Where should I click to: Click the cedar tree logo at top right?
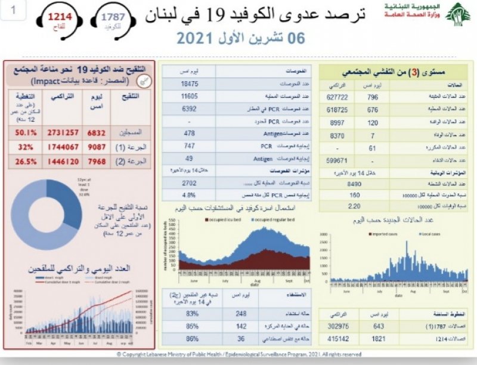(458, 14)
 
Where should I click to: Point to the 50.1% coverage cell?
(21, 131)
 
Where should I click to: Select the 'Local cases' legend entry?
(435, 234)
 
